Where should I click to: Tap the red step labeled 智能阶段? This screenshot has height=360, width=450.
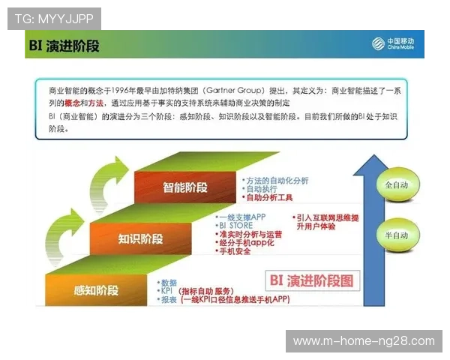pyautogui.click(x=184, y=187)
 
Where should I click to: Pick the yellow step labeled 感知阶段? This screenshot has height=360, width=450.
pyautogui.click(x=96, y=289)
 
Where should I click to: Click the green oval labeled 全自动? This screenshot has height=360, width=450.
pyautogui.click(x=395, y=184)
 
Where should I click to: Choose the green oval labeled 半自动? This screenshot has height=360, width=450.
pyautogui.click(x=395, y=235)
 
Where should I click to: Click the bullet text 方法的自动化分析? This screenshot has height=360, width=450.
pyautogui.click(x=277, y=181)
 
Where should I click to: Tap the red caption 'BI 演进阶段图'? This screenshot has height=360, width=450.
pyautogui.click(x=310, y=281)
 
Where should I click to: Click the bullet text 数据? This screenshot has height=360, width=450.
pyautogui.click(x=169, y=282)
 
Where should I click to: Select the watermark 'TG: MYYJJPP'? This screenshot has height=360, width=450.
pyautogui.click(x=53, y=18)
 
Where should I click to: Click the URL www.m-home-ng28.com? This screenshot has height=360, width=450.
pyautogui.click(x=363, y=341)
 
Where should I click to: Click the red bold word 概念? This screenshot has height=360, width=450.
pyautogui.click(x=73, y=102)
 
